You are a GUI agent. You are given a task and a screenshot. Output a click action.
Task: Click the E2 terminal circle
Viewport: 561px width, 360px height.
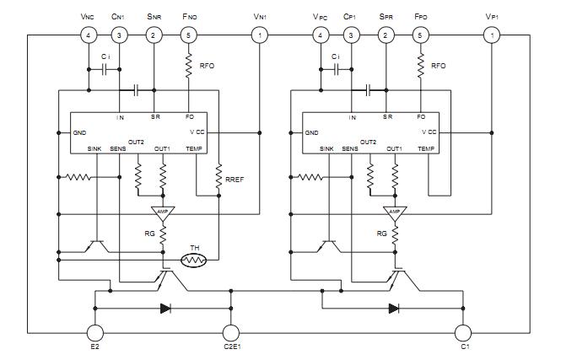94,333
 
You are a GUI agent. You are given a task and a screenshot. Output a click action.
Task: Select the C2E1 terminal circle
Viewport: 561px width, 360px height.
230,333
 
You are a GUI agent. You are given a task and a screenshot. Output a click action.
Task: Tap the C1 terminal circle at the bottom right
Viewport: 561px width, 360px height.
462,333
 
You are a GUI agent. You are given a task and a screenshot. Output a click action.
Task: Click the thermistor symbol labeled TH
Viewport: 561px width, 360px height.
196,261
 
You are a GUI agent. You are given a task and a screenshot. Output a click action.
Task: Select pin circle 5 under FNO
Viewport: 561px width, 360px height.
188,35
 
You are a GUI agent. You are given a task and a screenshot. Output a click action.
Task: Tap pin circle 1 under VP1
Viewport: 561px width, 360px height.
492,35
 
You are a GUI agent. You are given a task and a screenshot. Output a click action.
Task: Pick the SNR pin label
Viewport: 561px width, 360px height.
154,16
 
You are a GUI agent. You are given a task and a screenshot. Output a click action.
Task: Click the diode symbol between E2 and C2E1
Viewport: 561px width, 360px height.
165,308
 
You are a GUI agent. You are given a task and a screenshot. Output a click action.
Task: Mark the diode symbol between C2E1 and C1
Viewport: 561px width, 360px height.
394,308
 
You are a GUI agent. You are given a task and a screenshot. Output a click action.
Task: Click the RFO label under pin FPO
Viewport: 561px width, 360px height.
438,65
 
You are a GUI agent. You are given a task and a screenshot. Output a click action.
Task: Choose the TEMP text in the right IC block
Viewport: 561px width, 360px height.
426,148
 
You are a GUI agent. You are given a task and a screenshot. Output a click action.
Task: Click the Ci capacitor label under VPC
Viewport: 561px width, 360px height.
336,57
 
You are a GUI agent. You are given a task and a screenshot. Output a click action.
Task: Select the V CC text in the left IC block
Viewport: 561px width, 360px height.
195,132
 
